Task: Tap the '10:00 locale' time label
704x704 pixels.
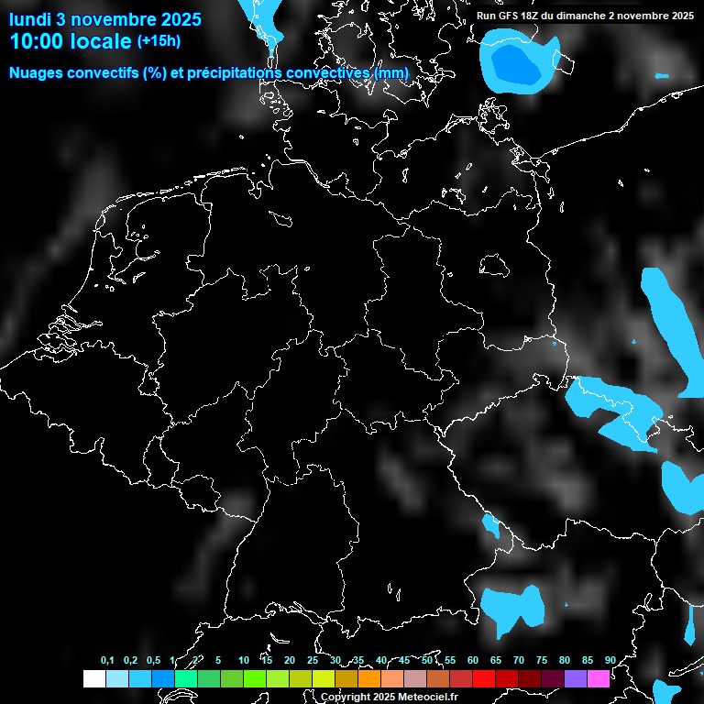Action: point(70,41)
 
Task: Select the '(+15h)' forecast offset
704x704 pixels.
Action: point(159,41)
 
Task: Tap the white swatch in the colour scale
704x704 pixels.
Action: point(93,678)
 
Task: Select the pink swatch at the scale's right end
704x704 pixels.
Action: point(599,678)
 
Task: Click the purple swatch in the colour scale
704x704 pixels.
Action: point(576,678)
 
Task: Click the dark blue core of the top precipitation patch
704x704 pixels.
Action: point(514,64)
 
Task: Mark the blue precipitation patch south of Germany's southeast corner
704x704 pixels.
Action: point(511,606)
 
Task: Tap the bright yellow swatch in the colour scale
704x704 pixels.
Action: point(323,678)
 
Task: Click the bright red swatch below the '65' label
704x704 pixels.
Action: point(484,678)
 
